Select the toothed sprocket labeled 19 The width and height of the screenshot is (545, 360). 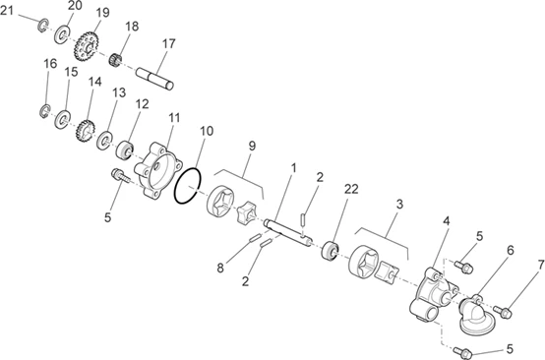click(x=87, y=46)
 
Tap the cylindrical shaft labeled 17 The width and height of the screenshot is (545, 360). click(x=154, y=79)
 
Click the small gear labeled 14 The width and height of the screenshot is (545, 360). click(x=86, y=131)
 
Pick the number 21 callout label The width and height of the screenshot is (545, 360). click(x=7, y=11)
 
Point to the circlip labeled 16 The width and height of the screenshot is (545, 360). click(x=45, y=110)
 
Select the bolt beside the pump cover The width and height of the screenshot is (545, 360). click(x=120, y=175)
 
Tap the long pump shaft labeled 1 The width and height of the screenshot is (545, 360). click(x=288, y=234)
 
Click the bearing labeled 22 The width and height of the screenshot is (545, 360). click(x=330, y=251)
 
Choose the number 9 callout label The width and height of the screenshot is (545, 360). click(x=252, y=146)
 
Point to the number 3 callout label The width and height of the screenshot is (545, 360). click(x=399, y=204)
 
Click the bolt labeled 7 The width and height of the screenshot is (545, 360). click(x=503, y=312)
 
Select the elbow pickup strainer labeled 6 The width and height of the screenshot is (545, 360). click(x=475, y=315)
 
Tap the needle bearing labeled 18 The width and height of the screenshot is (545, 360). click(x=115, y=60)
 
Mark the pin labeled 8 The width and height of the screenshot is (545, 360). click(x=255, y=238)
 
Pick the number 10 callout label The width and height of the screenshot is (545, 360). click(x=207, y=131)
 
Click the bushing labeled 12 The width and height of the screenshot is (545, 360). click(x=125, y=150)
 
